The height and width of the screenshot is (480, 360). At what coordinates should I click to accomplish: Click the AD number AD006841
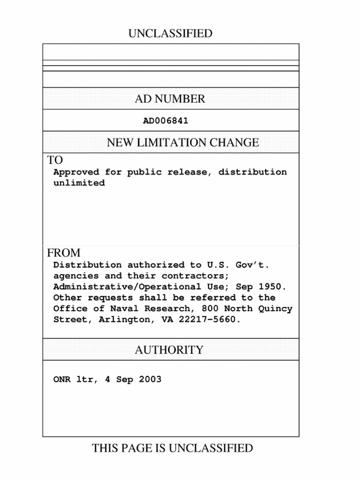pyautogui.click(x=165, y=121)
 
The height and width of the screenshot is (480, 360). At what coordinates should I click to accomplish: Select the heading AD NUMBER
pyautogui.click(x=170, y=99)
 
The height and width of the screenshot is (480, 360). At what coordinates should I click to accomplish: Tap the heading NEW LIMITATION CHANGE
pyautogui.click(x=183, y=142)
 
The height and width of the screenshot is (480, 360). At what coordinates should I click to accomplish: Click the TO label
pyautogui.click(x=55, y=160)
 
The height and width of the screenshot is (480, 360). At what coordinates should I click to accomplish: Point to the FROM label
pyautogui.click(x=64, y=253)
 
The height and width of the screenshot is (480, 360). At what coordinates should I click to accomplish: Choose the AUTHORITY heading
pyautogui.click(x=169, y=350)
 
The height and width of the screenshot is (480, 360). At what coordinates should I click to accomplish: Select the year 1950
pyautogui.click(x=273, y=287)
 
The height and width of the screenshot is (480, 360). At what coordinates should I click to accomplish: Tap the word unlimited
pyautogui.click(x=79, y=183)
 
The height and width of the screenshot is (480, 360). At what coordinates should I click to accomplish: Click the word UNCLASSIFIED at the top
pyautogui.click(x=170, y=34)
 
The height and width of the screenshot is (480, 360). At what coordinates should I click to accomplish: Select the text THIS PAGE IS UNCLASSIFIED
pyautogui.click(x=172, y=449)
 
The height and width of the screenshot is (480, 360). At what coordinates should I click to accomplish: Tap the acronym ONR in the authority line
pyautogui.click(x=62, y=379)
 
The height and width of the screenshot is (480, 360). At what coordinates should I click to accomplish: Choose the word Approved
pyautogui.click(x=76, y=172)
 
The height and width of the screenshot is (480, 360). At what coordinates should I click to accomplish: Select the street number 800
pyautogui.click(x=210, y=309)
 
